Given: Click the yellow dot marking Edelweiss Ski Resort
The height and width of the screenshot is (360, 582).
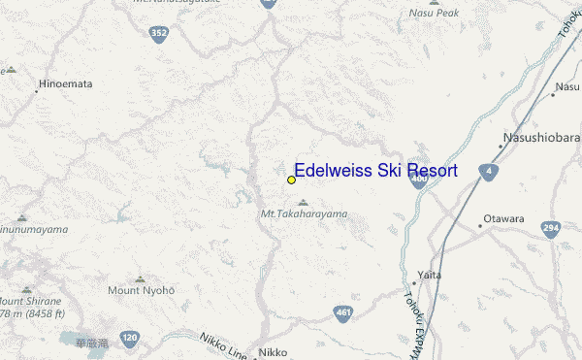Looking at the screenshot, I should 291,180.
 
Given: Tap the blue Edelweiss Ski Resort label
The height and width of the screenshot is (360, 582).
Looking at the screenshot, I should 375,171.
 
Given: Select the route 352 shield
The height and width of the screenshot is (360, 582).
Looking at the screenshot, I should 157,34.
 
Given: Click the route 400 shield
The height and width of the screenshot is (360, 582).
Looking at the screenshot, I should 419,178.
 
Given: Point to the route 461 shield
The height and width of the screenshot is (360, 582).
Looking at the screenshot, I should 342,311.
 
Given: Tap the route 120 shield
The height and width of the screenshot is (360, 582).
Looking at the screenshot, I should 130,338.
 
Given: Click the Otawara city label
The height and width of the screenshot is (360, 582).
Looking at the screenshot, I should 504,219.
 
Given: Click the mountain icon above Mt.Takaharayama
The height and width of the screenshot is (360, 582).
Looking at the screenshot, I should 303,202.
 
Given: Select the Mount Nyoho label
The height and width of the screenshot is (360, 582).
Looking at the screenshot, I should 142,291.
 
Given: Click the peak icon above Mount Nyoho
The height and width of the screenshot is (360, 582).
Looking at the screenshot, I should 140,279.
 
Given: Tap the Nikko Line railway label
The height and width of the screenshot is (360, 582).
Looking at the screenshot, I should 223,343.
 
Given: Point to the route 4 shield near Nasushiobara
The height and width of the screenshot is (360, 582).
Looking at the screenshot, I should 489,172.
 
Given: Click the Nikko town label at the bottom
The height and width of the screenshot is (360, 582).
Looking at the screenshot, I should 274,352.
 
